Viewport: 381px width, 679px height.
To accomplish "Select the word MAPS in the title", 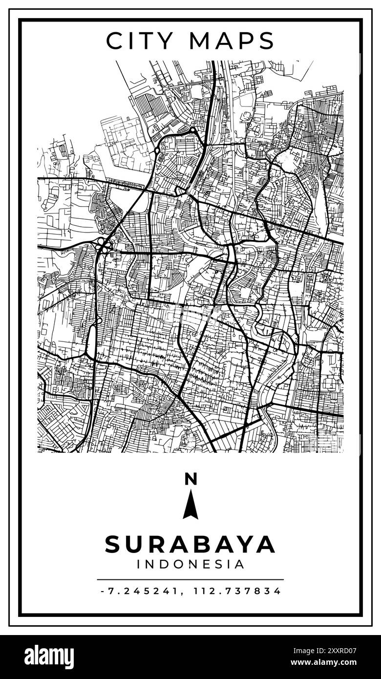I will pos(232,41).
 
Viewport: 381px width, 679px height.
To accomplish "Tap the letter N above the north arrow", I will pos(190,479).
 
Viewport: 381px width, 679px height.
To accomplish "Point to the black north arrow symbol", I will pos(190,506).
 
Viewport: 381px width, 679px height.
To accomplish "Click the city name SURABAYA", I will pos(190,545).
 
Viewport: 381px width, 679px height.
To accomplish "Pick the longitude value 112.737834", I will pos(237,591).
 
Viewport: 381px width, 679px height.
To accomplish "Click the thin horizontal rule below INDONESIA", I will pos(190,579).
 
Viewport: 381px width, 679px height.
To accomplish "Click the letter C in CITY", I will pos(114,41).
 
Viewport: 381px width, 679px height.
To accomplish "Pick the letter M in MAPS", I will pos(200,41).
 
